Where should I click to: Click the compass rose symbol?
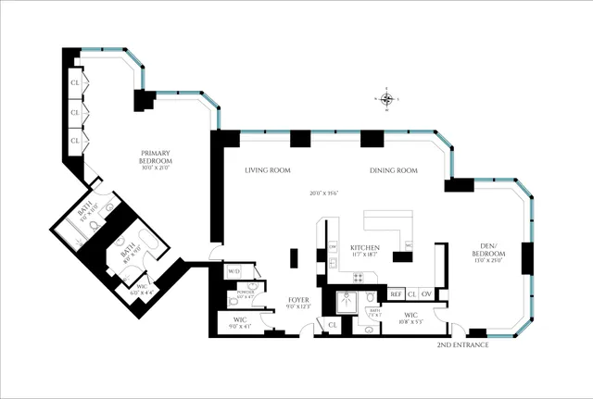[x=387, y=99]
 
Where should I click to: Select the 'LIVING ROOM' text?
[x=268, y=171]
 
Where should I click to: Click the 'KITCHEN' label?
[x=366, y=248]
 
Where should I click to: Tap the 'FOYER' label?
[x=298, y=300]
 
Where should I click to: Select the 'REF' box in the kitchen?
[x=395, y=293]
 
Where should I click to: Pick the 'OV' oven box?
[x=427, y=293]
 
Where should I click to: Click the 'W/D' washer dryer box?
[x=234, y=271]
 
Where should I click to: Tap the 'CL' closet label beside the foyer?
[x=332, y=325]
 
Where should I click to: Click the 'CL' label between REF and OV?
[x=411, y=293]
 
